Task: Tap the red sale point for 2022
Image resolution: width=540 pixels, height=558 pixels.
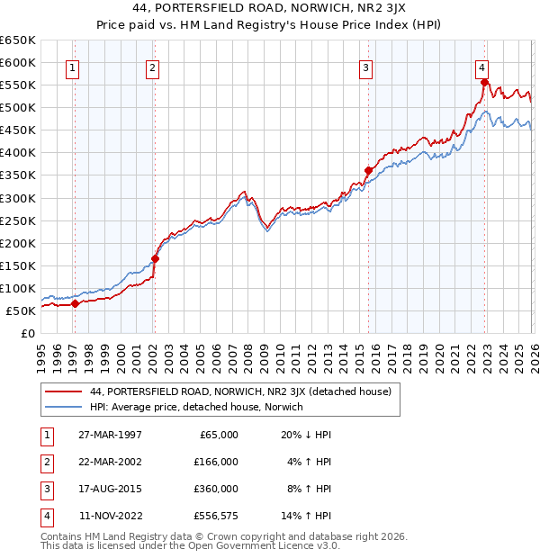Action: pyautogui.click(x=484, y=83)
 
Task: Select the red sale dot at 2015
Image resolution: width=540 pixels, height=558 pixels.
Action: pyautogui.click(x=368, y=170)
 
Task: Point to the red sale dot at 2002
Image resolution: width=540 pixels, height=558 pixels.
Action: pyautogui.click(x=155, y=258)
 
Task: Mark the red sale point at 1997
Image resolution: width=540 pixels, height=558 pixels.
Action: pyautogui.click(x=76, y=303)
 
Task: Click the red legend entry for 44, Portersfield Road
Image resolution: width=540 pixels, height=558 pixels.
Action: pyautogui.click(x=239, y=391)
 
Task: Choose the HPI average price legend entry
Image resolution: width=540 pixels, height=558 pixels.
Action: pyautogui.click(x=196, y=408)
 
